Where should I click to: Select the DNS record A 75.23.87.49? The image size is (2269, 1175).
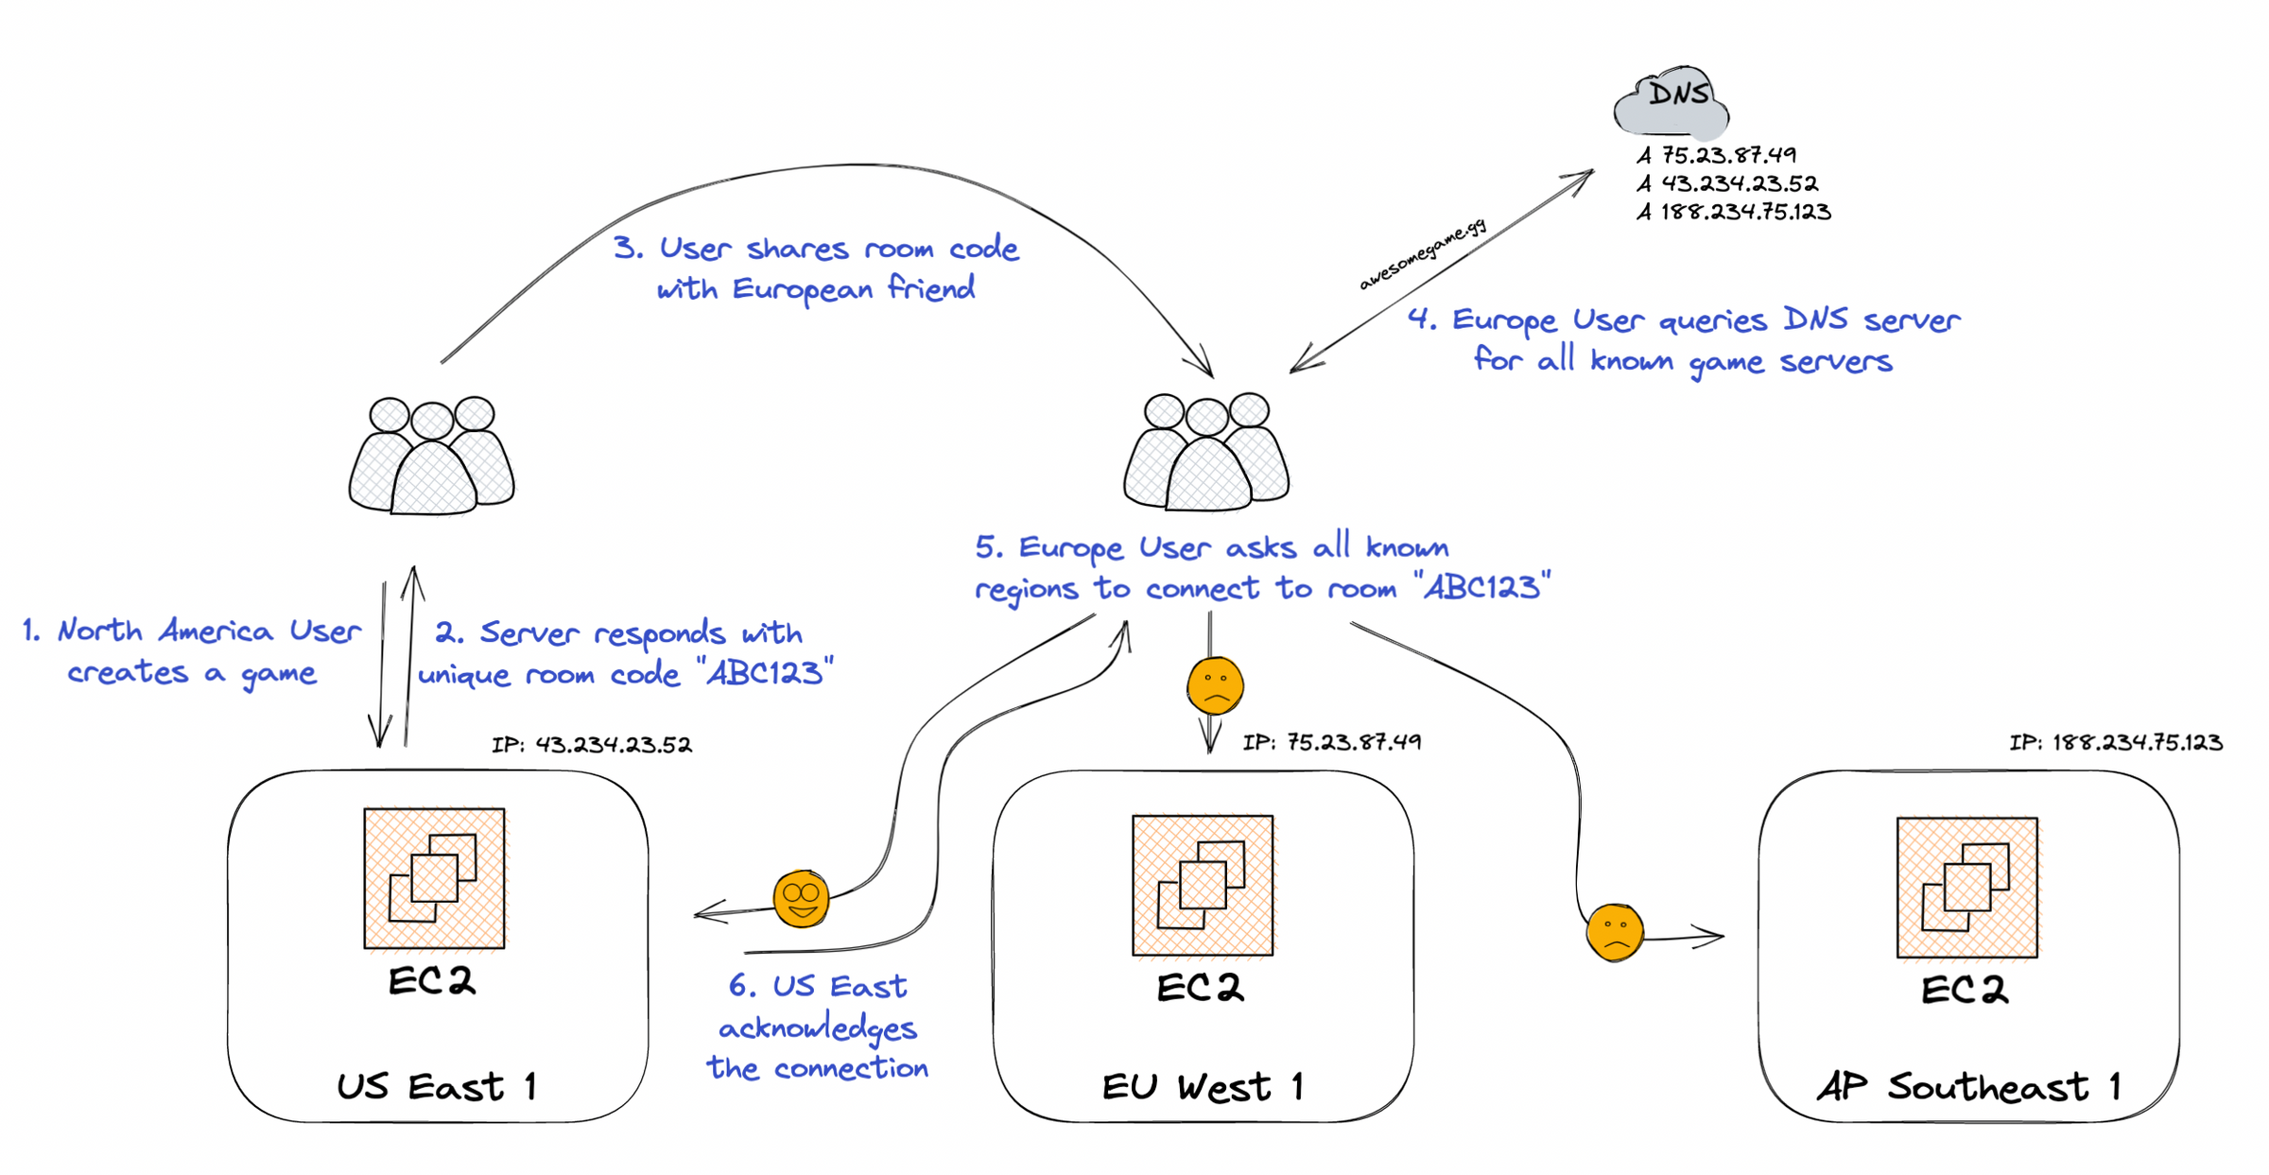point(1717,155)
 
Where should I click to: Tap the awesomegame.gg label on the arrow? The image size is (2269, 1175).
point(1423,254)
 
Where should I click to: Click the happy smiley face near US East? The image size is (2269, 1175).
point(802,898)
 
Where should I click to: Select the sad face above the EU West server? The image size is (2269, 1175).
point(1215,685)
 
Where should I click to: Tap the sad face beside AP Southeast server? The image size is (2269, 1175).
point(1615,932)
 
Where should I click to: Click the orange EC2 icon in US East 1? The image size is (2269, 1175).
point(434,878)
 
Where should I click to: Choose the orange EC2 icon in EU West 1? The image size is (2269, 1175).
point(1203,886)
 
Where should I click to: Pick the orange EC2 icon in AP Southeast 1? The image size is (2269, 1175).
point(1967,888)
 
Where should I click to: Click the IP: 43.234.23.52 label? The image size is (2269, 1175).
point(592,745)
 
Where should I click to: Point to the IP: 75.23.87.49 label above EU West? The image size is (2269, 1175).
point(1331,743)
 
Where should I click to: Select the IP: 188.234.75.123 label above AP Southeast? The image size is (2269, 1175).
point(2116,743)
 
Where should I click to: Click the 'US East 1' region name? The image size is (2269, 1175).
point(437,1087)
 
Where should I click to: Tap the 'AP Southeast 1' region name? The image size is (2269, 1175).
point(1968,1087)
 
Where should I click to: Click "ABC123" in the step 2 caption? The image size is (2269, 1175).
point(765,673)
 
